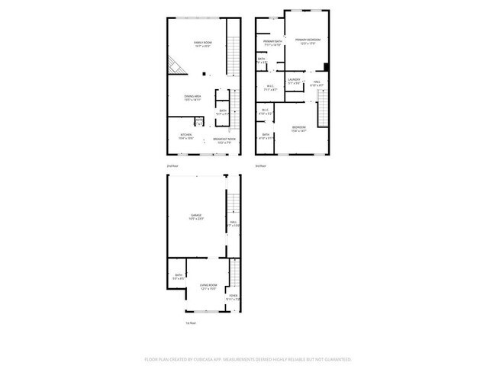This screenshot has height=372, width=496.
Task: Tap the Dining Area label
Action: (x=192, y=98)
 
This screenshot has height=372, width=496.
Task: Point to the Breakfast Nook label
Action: (x=224, y=139)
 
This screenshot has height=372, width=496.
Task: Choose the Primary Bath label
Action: (x=272, y=43)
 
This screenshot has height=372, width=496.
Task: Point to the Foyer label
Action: (x=233, y=298)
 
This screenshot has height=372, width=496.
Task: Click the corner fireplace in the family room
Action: (x=176, y=66)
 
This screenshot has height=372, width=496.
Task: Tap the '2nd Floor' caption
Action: (x=172, y=165)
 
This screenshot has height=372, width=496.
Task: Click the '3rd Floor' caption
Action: (x=260, y=165)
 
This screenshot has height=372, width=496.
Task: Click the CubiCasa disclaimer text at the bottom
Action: (x=247, y=358)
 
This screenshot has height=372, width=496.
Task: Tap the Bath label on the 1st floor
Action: (x=179, y=277)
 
